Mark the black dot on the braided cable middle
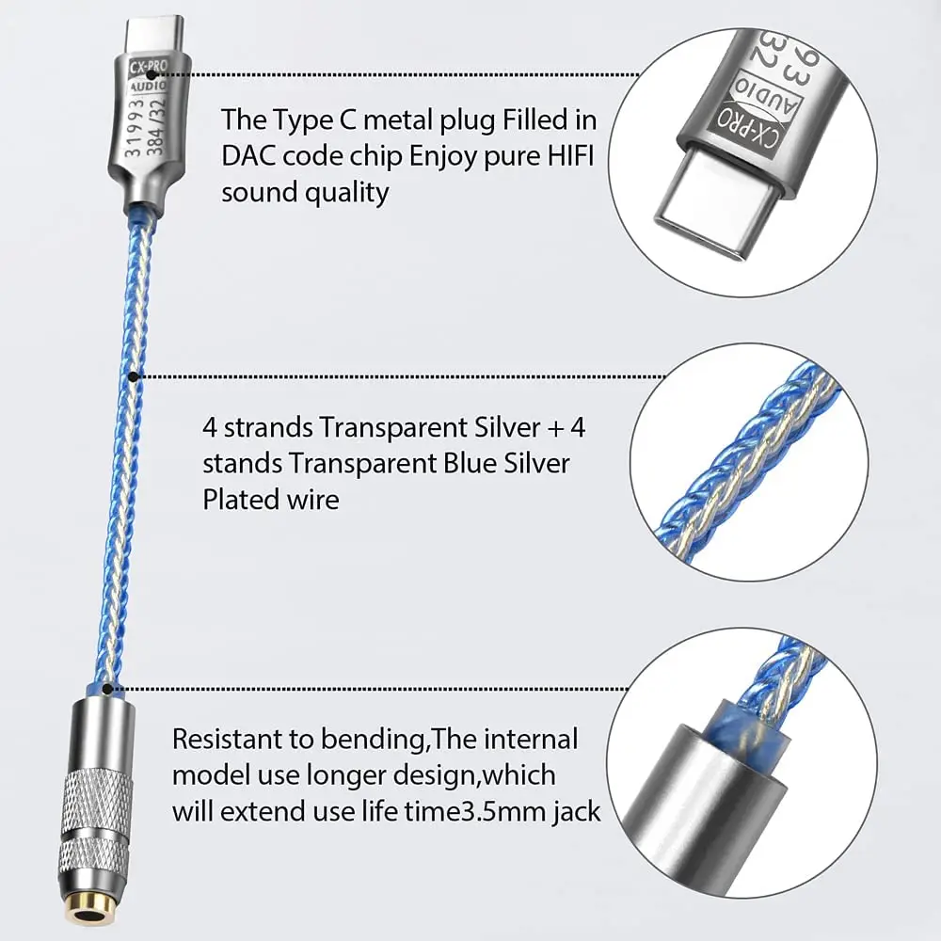[134, 376]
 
